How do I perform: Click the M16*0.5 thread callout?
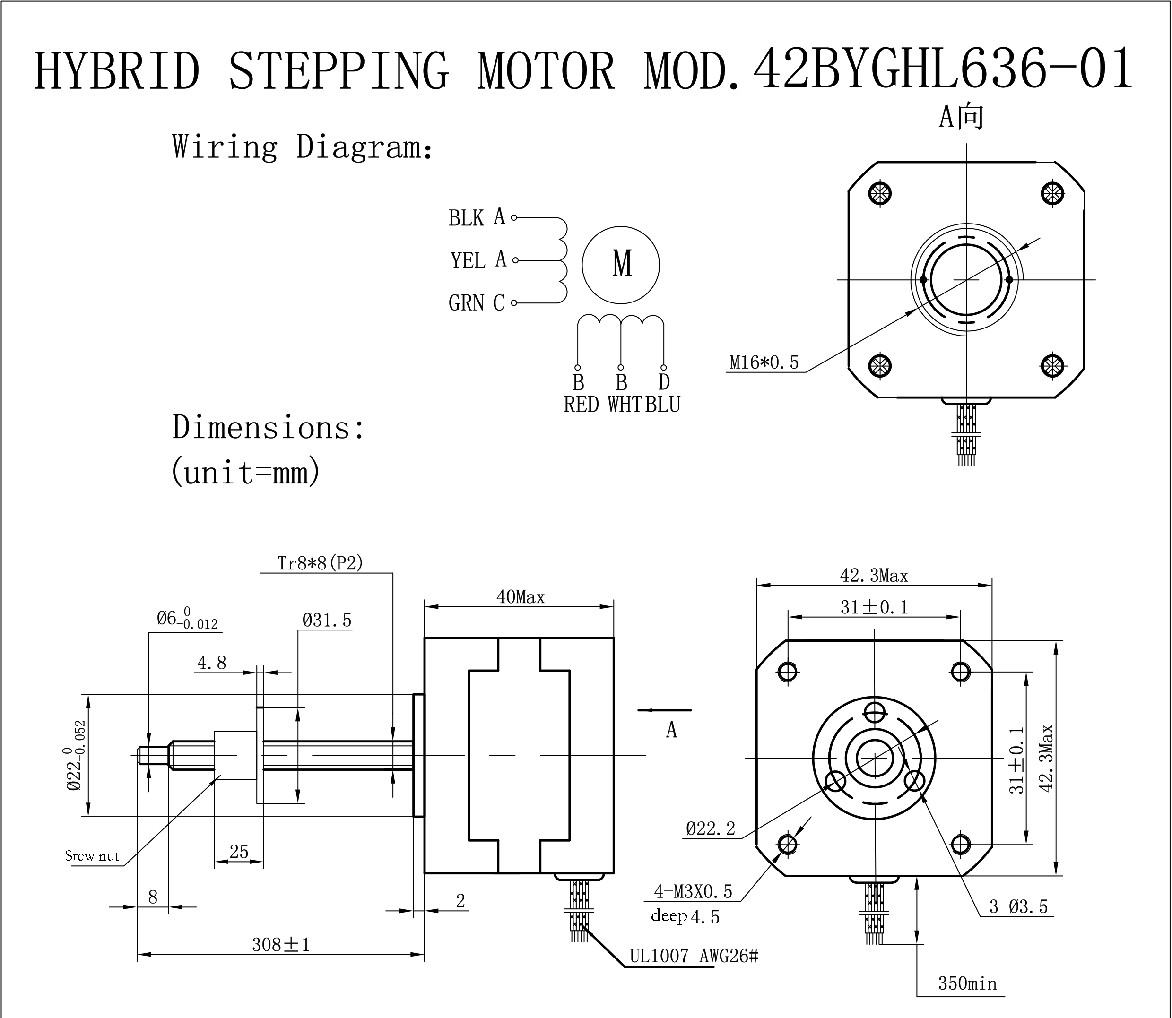tap(764, 362)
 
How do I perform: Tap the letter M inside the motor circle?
tap(622, 264)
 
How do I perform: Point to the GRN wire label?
tap(466, 303)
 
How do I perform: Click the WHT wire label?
tap(624, 405)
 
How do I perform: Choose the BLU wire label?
tap(663, 405)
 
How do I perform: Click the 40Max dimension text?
tap(520, 597)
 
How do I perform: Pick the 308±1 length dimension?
tap(281, 945)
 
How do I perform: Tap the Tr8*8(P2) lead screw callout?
tap(320, 563)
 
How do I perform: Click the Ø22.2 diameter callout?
tap(711, 829)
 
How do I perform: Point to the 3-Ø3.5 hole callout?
tap(1018, 906)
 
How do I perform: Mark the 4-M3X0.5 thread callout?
tap(693, 891)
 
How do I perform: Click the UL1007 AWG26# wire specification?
tap(694, 956)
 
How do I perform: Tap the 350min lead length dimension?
tap(967, 983)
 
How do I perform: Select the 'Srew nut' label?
tap(92, 856)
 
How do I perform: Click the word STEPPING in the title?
tap(339, 71)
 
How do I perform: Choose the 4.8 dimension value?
tap(211, 663)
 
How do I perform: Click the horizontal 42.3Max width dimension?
tap(874, 576)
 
